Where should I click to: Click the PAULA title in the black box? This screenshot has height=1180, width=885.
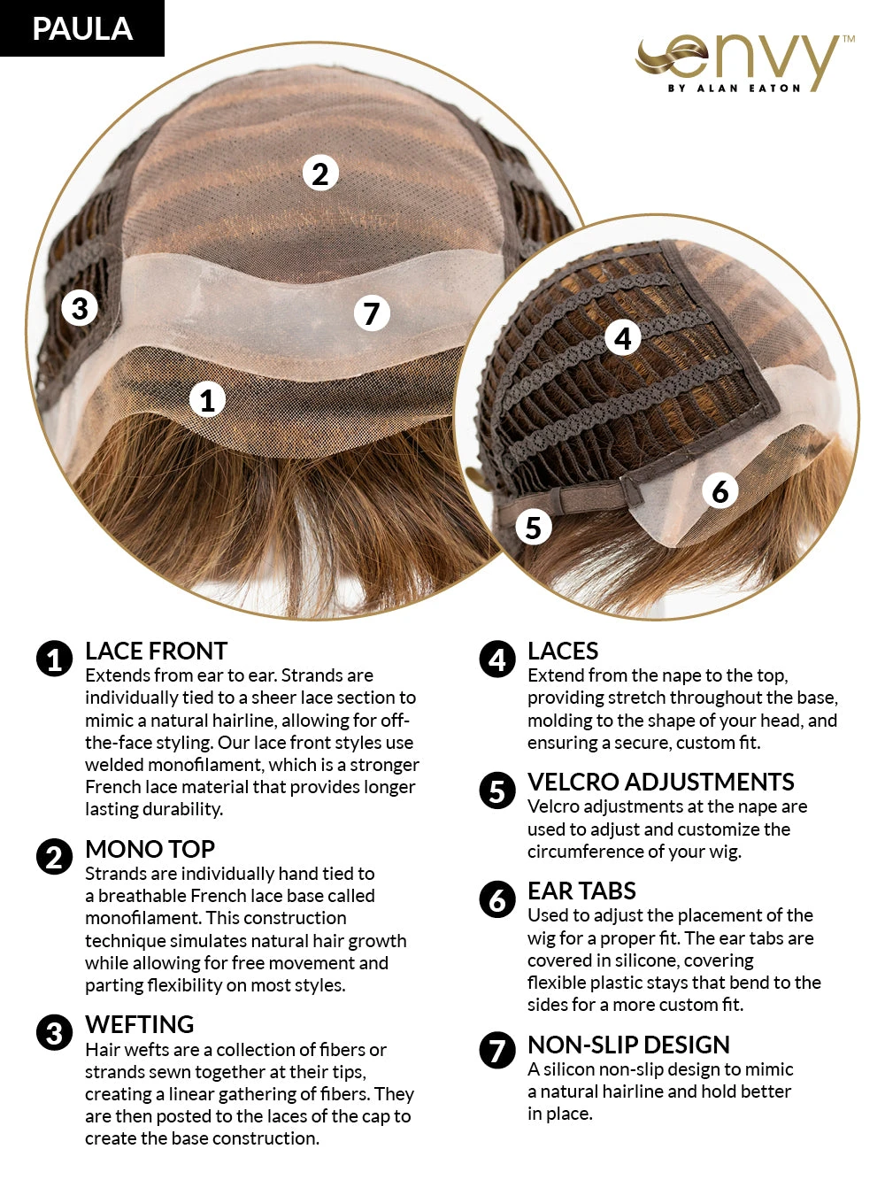(x=82, y=28)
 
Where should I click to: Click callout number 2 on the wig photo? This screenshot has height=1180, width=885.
(x=320, y=174)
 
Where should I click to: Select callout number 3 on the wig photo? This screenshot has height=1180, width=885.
(x=80, y=308)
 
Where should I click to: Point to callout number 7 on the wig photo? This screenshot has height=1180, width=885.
(x=372, y=312)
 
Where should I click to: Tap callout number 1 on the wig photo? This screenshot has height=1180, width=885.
(x=207, y=400)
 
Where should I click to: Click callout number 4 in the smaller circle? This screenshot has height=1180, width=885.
(x=623, y=337)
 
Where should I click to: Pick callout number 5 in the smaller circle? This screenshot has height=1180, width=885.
(x=534, y=528)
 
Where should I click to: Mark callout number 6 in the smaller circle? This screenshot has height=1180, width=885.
(x=720, y=490)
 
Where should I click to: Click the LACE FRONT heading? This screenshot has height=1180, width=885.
(x=156, y=652)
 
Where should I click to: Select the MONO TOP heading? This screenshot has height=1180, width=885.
(x=150, y=850)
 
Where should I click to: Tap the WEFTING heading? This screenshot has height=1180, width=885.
(x=139, y=1025)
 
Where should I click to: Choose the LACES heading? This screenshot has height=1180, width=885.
(x=563, y=652)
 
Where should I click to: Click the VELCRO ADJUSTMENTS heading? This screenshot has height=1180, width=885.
(x=660, y=783)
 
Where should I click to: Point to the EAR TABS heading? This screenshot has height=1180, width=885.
(x=581, y=891)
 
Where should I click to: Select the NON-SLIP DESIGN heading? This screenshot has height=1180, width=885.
(x=628, y=1045)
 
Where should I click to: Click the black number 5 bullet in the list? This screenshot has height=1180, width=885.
(x=497, y=791)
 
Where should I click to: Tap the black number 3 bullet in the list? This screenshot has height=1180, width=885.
(x=55, y=1033)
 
